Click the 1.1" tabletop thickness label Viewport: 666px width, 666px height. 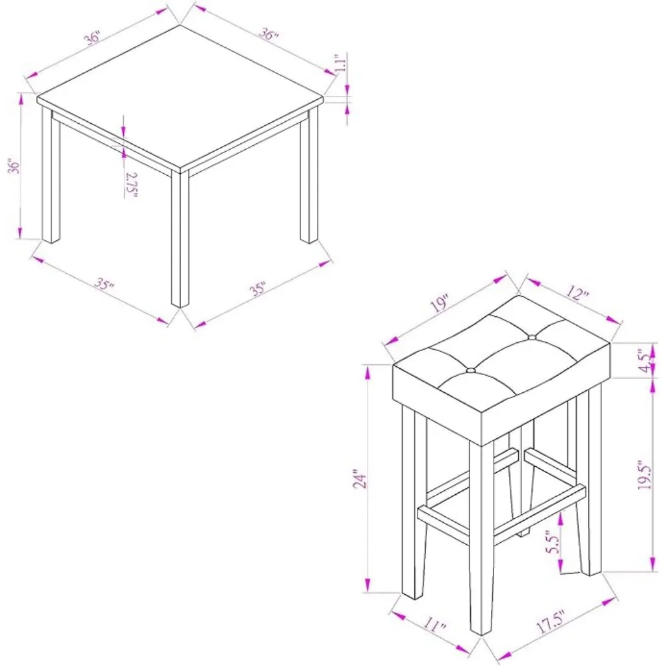click(x=340, y=65)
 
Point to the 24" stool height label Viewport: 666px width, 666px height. click(x=358, y=480)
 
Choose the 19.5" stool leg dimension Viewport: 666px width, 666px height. click(x=643, y=474)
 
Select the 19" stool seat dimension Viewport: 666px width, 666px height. click(x=439, y=304)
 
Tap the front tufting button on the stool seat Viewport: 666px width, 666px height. click(x=471, y=370)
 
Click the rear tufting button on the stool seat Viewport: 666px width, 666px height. click(x=531, y=338)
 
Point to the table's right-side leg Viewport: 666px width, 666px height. click(x=308, y=180)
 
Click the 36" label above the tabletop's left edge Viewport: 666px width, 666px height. click(x=93, y=39)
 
